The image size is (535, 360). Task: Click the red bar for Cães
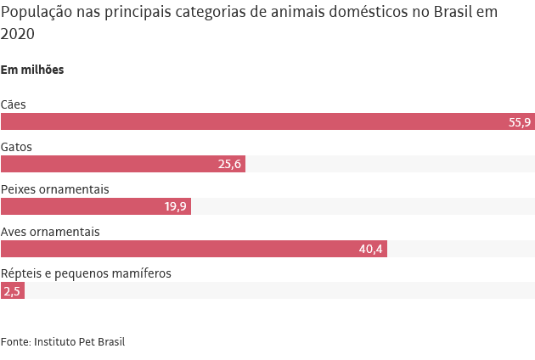point(255,121)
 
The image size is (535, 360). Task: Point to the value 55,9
point(520,122)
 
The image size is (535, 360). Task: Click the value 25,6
point(229,165)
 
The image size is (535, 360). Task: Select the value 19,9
point(175,207)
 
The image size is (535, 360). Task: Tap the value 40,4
point(371,250)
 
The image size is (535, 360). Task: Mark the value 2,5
point(12,291)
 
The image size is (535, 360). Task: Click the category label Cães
point(14,104)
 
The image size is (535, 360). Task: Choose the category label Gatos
point(17,147)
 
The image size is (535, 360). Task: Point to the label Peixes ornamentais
point(55,189)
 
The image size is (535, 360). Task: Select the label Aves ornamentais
point(51,232)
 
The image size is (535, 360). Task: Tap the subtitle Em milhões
point(32,70)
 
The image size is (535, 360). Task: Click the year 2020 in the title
point(18,34)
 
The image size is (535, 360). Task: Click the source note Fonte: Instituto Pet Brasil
point(63,341)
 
